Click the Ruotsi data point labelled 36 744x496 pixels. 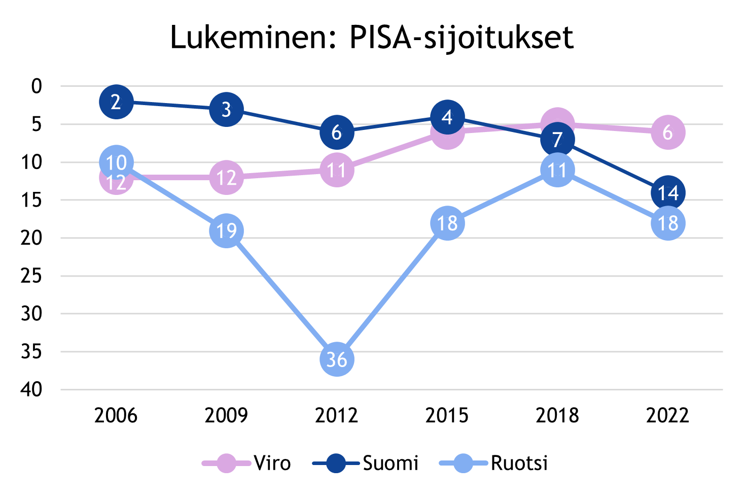click(337, 359)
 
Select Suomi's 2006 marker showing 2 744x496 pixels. click(116, 102)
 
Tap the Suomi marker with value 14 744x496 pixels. click(667, 192)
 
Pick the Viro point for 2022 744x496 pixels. click(667, 132)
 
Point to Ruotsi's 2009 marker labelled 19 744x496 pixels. click(226, 230)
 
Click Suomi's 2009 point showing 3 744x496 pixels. click(226, 109)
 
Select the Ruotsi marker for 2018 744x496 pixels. click(557, 170)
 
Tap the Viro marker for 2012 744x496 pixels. click(337, 170)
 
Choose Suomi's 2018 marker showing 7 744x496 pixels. click(557, 140)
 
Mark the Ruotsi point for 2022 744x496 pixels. click(667, 223)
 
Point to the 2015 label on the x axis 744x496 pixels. click(447, 415)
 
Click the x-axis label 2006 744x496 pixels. click(116, 415)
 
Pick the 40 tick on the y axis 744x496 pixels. click(31, 389)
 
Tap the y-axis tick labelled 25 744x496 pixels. click(31, 276)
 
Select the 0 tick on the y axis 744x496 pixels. click(37, 86)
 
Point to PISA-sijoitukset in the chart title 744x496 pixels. click(462, 37)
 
